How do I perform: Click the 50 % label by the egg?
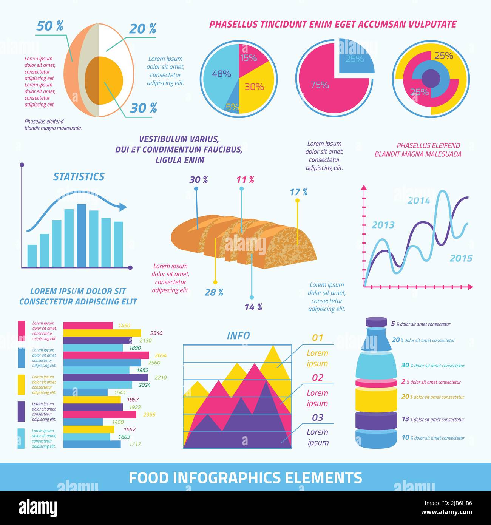(x=50, y=26)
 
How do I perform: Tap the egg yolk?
(x=104, y=80)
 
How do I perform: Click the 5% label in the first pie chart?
(x=232, y=107)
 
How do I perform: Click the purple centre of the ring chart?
(x=431, y=78)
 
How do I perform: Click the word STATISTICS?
(x=79, y=176)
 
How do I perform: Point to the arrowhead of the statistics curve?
(x=124, y=207)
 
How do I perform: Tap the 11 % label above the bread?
(x=245, y=180)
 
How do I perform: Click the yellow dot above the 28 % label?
(x=215, y=282)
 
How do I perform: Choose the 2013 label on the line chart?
(x=383, y=225)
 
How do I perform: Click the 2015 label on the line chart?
(x=461, y=258)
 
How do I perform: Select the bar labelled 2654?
(x=106, y=355)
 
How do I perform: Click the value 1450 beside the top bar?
(x=124, y=326)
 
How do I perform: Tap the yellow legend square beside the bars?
(x=21, y=384)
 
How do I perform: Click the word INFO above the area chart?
(x=238, y=335)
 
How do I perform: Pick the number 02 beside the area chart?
(x=318, y=377)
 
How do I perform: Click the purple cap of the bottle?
(x=376, y=322)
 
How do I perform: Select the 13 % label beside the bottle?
(x=406, y=419)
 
